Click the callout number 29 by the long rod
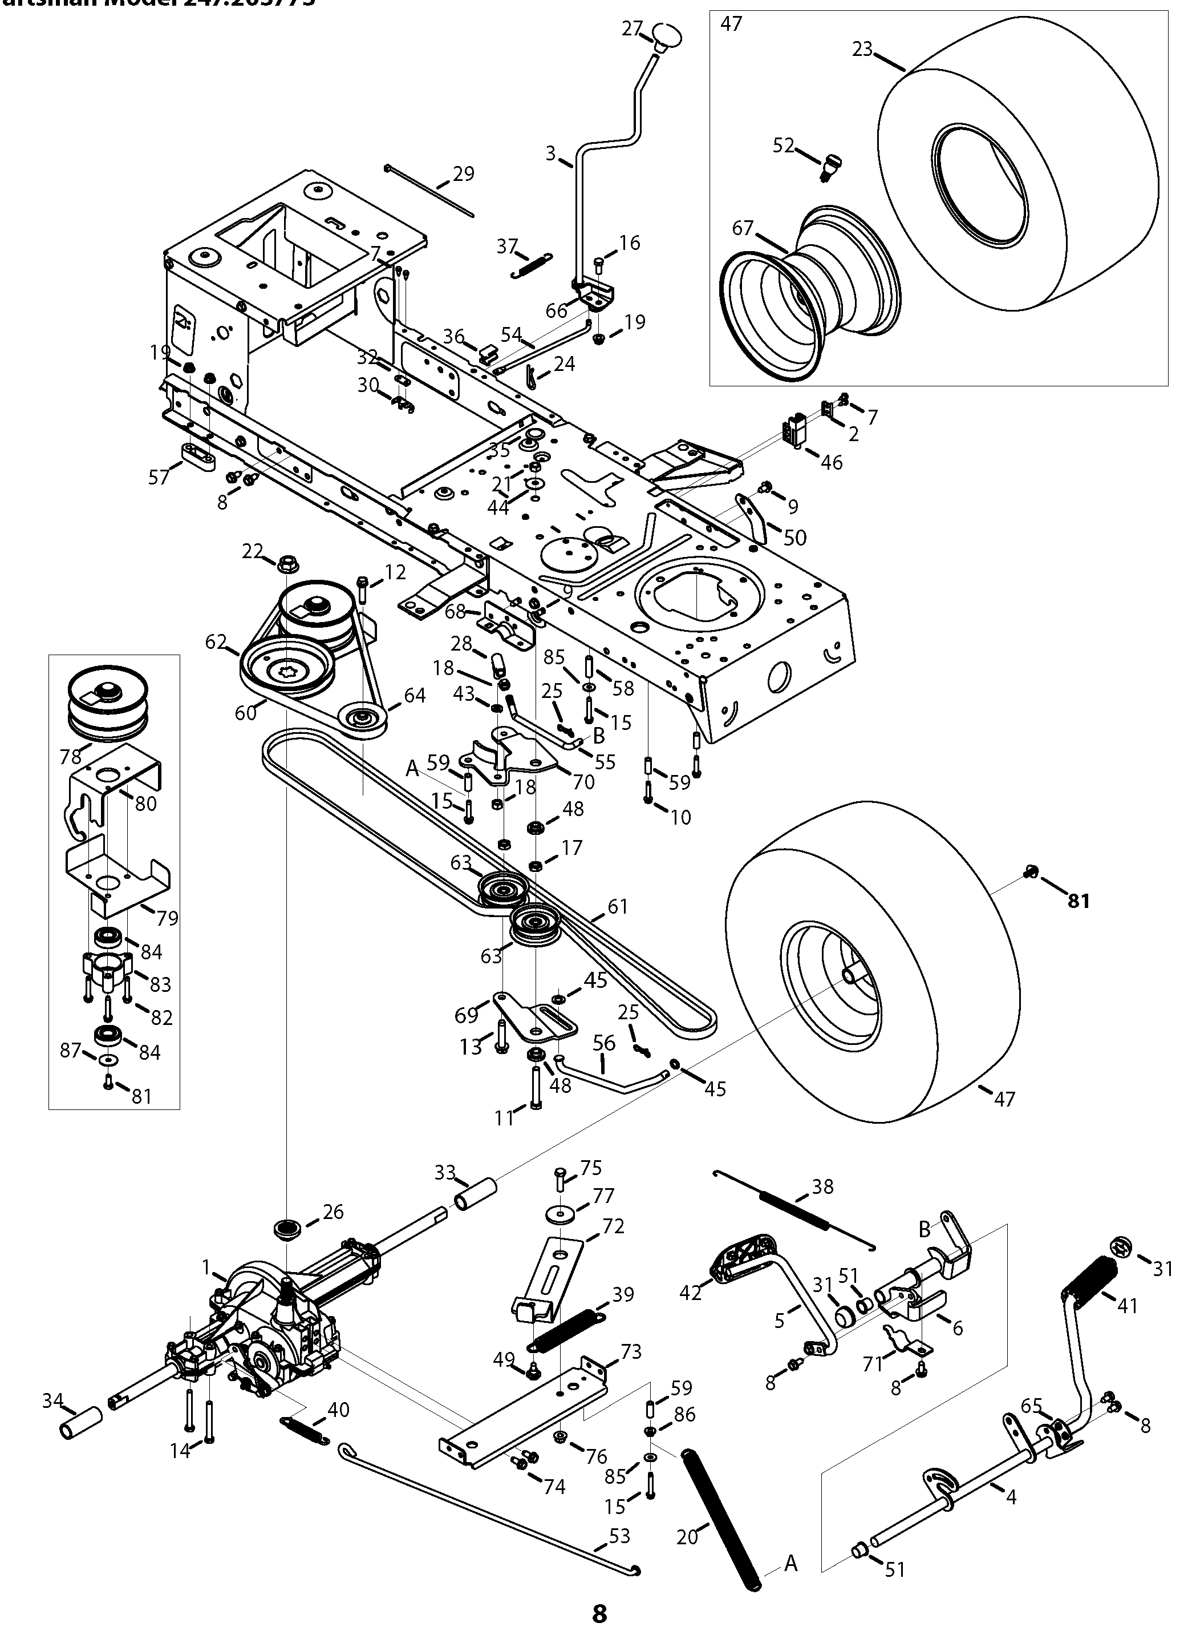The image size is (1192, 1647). [x=463, y=174]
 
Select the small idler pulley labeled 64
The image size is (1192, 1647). [x=362, y=721]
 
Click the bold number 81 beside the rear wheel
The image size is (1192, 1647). [x=1079, y=901]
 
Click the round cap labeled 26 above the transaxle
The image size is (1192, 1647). [x=287, y=1229]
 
